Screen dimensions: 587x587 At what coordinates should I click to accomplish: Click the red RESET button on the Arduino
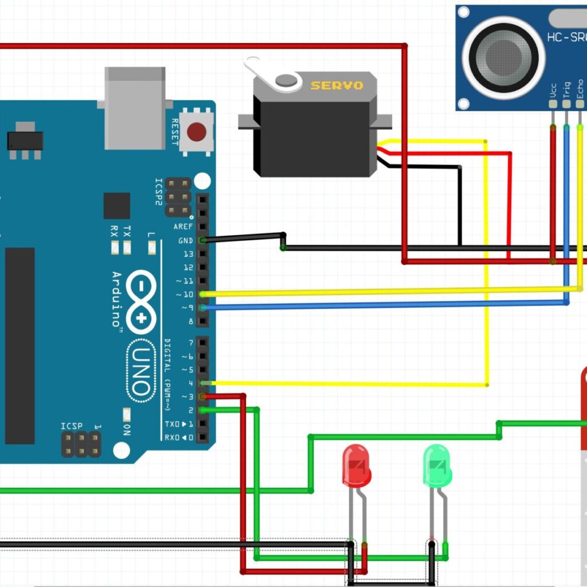[197, 132]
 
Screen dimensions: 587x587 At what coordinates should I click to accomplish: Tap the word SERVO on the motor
[337, 85]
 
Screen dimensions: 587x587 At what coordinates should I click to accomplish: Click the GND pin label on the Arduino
[185, 241]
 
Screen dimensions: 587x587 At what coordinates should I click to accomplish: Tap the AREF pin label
[183, 227]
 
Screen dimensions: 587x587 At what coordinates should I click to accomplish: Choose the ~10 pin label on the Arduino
[185, 295]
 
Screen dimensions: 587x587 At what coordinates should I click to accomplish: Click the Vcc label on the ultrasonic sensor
[553, 93]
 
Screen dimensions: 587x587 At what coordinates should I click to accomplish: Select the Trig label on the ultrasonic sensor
[566, 91]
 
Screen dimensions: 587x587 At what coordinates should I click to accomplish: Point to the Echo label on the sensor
[580, 91]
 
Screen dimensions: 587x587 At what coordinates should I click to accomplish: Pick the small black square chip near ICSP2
[116, 206]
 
